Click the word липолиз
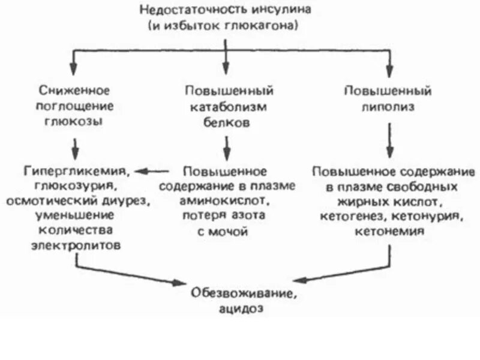pos(389,107)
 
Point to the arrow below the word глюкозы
pos(74,145)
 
